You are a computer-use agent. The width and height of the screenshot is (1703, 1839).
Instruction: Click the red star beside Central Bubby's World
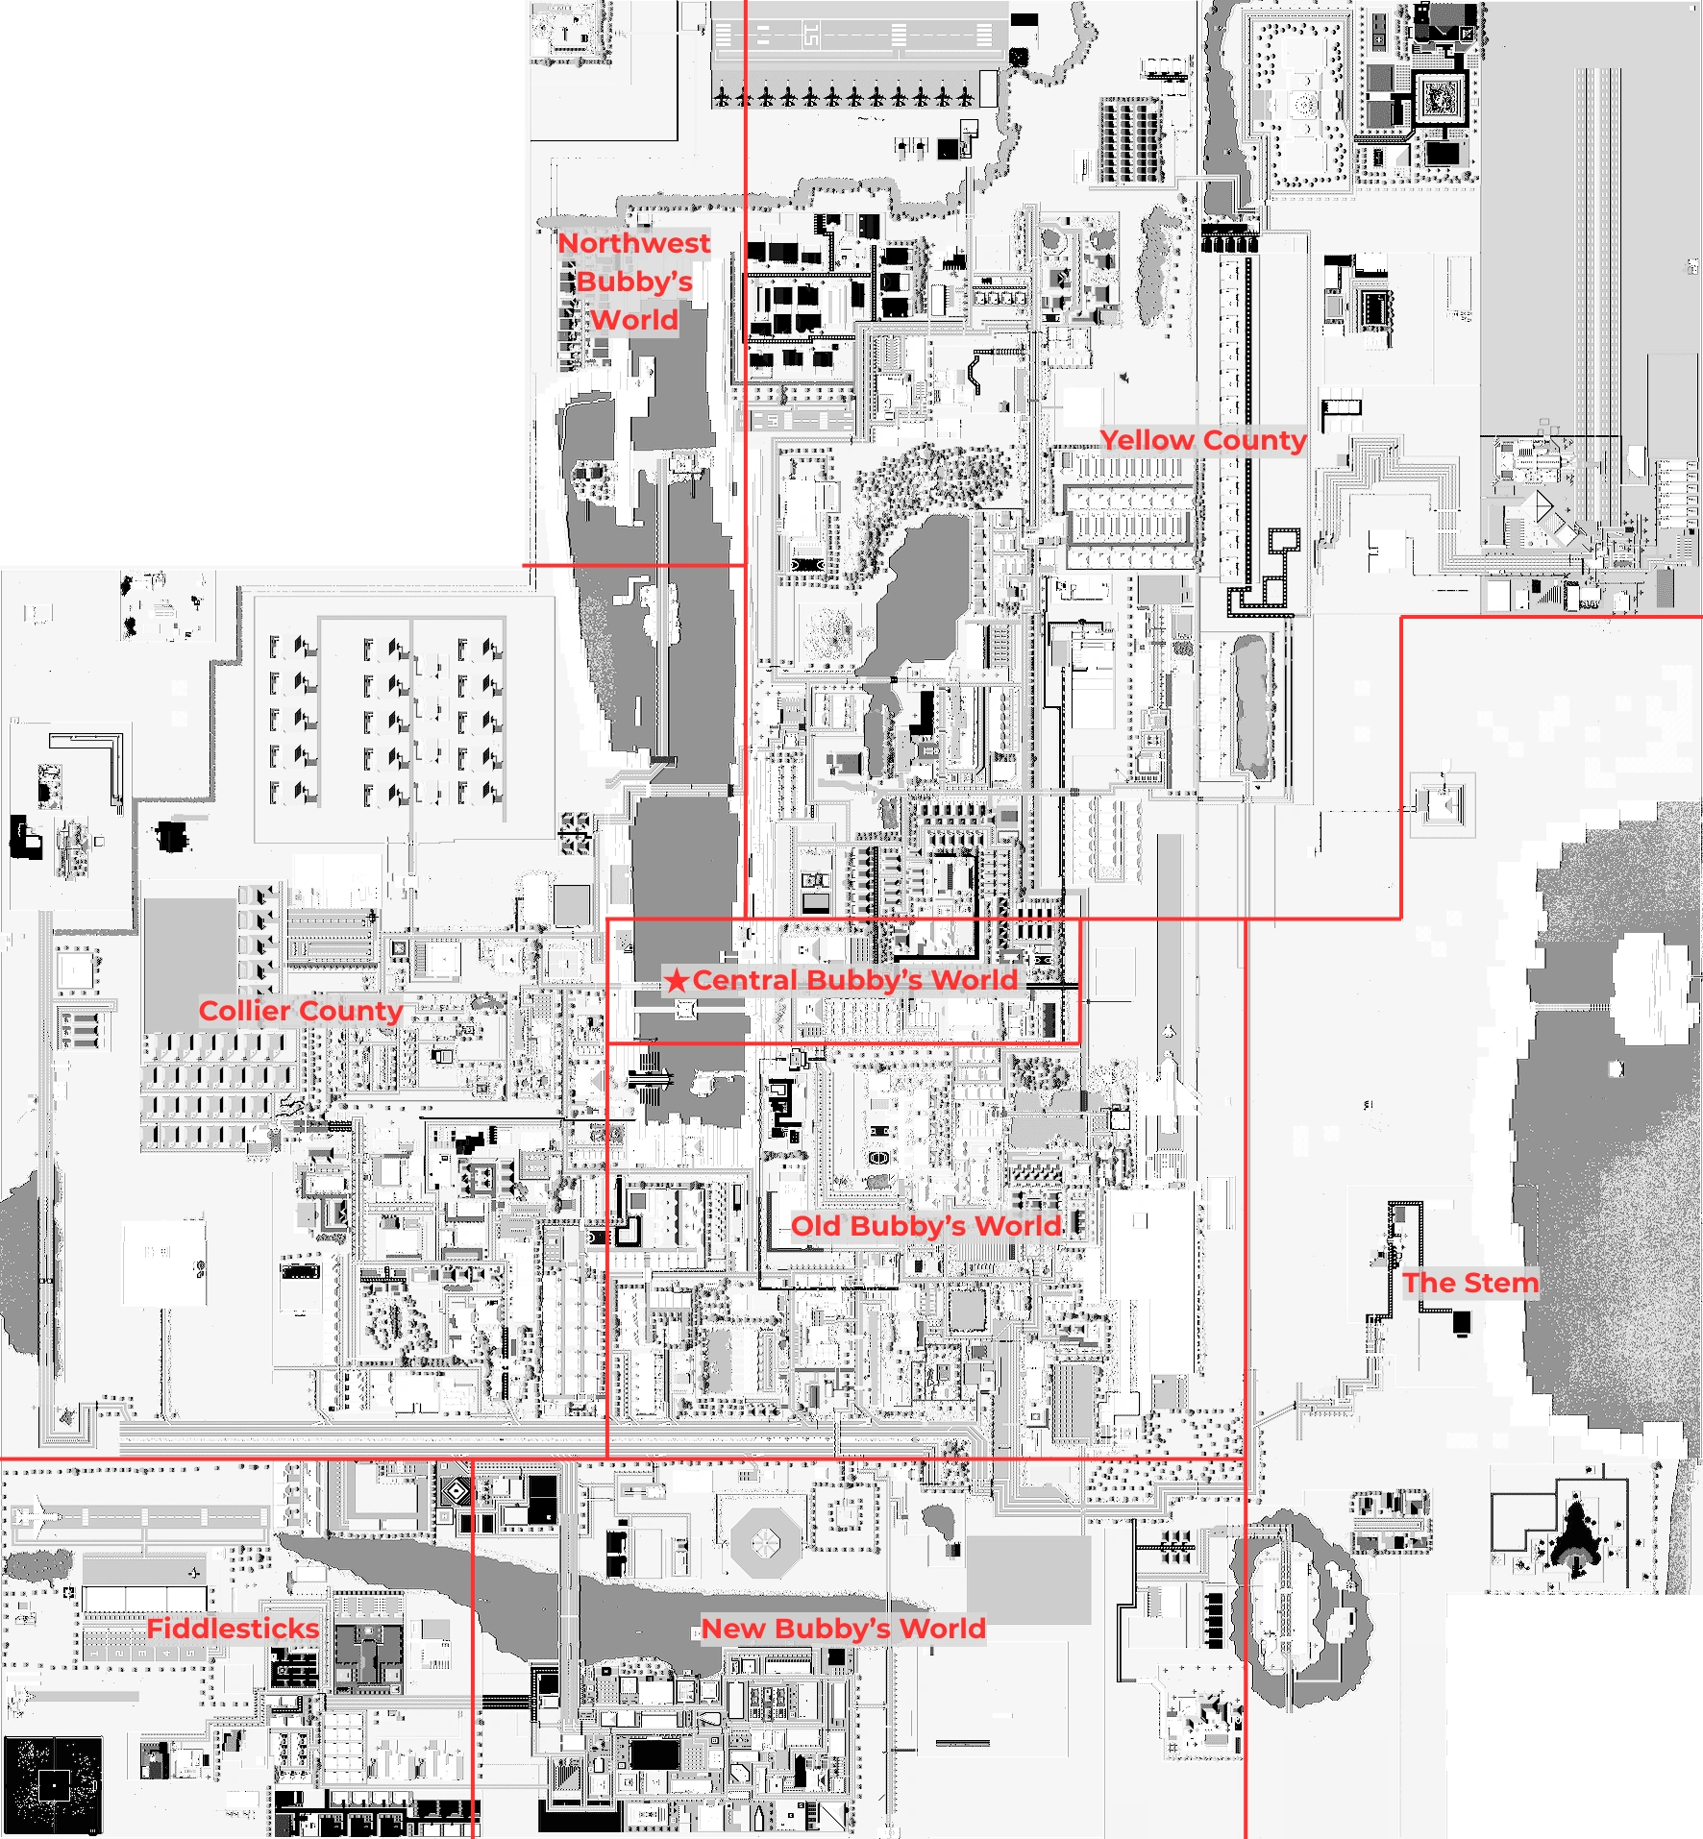(x=677, y=980)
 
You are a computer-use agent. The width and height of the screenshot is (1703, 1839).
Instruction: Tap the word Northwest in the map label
(x=634, y=243)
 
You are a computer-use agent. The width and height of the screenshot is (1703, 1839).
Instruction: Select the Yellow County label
(x=1202, y=440)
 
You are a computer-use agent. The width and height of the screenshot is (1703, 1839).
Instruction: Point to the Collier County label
(x=300, y=1011)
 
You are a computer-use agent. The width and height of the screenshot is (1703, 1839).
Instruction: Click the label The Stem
(x=1470, y=1283)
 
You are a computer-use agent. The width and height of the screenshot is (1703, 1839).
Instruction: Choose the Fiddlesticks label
(x=233, y=1629)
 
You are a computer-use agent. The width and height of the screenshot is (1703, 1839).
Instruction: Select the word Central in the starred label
(x=746, y=980)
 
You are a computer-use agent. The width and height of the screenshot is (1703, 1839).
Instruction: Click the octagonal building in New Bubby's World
(x=765, y=1542)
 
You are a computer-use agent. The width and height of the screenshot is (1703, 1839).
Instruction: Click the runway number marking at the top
(x=812, y=37)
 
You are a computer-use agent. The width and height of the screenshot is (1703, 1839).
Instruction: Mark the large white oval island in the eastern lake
(x=1651, y=990)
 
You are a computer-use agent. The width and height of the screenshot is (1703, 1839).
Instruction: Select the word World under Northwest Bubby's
(x=634, y=320)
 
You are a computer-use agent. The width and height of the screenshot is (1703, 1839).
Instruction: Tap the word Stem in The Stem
(x=1501, y=1283)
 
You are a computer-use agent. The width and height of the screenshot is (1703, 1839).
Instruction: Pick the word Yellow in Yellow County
(x=1148, y=440)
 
